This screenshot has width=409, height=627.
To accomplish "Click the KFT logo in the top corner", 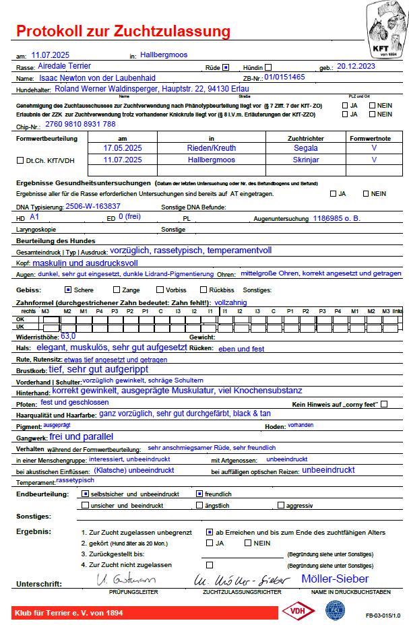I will coord(386,30).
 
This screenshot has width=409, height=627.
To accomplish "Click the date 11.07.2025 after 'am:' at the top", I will coord(51,55).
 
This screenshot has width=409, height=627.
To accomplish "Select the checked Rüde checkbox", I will coord(226,67).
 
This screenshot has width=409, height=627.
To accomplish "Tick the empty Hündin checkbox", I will coord(268,67).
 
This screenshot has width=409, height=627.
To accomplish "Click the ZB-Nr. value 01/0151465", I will coord(285,77).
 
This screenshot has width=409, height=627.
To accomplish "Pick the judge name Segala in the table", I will coord(306,147).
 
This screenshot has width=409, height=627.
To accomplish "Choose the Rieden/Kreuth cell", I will coord(212,147).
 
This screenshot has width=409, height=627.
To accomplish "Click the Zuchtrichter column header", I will coord(306,137).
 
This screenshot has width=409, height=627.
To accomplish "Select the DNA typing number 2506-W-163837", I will coord(93,206).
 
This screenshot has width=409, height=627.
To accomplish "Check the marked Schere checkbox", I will coord(67,290).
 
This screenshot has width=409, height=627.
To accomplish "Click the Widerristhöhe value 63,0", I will coord(68,335).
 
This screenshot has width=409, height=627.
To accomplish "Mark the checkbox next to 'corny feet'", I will coord(384,404).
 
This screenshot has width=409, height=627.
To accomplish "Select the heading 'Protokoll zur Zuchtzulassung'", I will coord(123,31).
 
